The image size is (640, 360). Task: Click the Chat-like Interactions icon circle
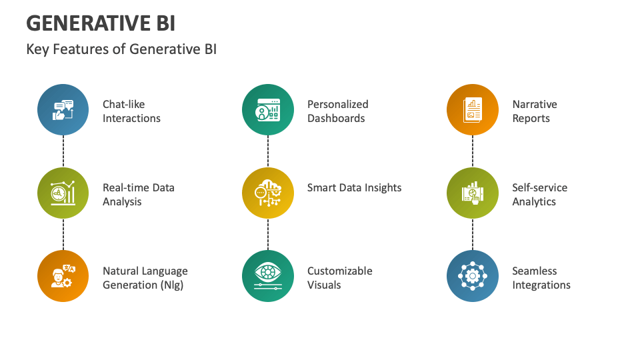(x=63, y=110)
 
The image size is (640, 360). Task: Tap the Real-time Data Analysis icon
(x=63, y=193)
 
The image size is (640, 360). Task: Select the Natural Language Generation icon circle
(x=63, y=277)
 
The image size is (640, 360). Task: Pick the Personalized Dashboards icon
(x=268, y=110)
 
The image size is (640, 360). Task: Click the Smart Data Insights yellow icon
(x=268, y=193)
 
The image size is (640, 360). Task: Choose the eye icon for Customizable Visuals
(x=268, y=277)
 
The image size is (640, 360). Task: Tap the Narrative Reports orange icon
(x=473, y=110)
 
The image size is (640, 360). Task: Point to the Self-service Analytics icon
(x=473, y=193)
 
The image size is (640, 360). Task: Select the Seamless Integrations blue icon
(x=473, y=277)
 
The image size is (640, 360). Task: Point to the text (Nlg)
(x=169, y=285)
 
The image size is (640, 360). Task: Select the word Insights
(x=379, y=188)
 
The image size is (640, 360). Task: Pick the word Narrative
(x=535, y=105)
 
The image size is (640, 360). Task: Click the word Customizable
(x=340, y=271)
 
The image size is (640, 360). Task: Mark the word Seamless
(x=535, y=271)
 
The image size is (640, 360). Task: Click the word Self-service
(x=540, y=188)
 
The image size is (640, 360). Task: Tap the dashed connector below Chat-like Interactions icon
(x=63, y=151)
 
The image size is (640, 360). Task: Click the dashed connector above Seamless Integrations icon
(x=473, y=235)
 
